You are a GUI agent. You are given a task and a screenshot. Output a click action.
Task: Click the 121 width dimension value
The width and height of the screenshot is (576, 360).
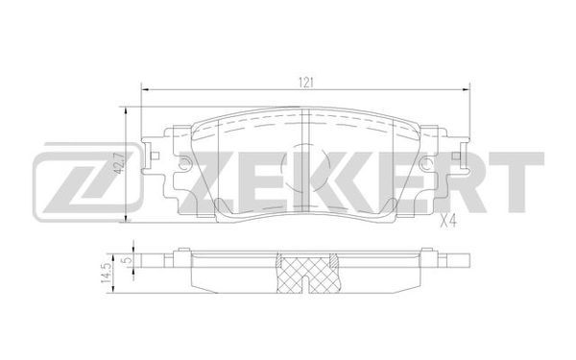305,83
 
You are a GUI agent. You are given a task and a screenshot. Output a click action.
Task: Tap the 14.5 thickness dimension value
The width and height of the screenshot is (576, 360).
107,273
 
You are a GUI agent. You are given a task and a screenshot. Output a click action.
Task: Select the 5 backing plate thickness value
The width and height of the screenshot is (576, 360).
127,260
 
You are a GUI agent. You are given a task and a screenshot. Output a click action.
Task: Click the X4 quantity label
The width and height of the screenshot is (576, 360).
447,221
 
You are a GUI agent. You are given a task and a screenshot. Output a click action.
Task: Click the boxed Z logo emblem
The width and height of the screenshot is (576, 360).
87,182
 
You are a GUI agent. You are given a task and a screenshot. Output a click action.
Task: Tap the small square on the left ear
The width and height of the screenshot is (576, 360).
155,156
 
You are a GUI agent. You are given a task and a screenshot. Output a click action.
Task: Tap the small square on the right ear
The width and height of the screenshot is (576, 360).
456,156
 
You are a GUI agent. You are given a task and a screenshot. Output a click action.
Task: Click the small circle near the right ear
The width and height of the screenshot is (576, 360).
426,163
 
